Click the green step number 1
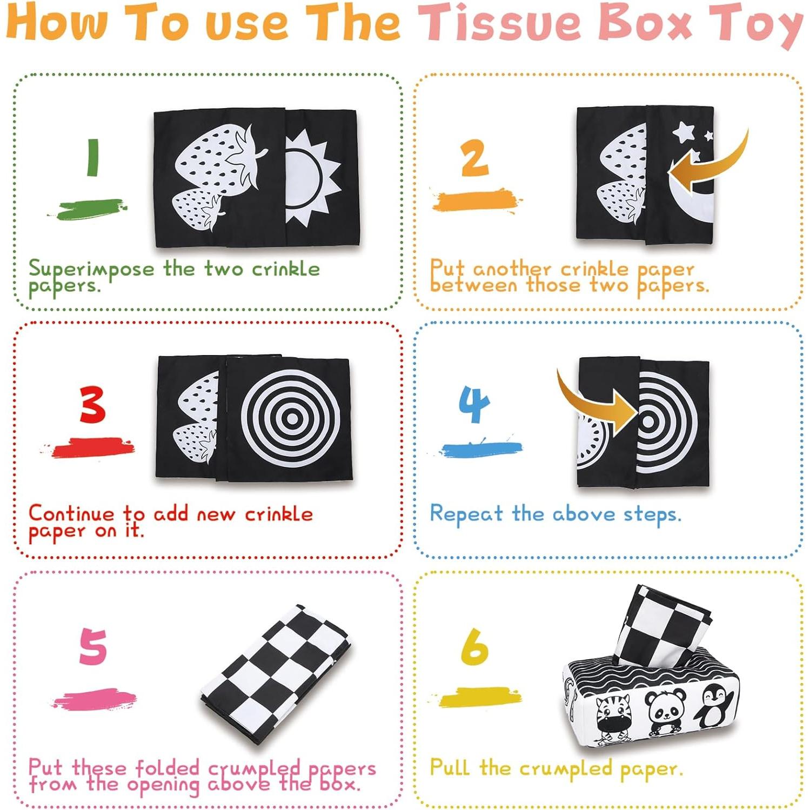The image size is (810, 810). (x=93, y=157)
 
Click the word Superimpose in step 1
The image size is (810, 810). (x=91, y=269)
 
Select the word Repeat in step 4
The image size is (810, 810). (x=466, y=514)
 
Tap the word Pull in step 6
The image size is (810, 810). (x=449, y=767)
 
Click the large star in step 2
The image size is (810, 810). (x=684, y=131)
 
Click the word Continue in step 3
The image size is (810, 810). (x=71, y=513)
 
